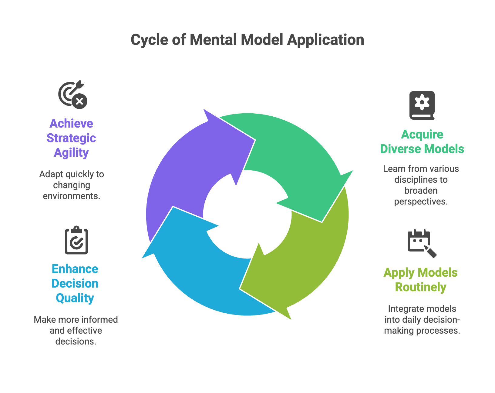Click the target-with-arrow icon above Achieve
(73, 95)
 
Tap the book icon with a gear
(422, 105)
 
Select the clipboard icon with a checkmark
(76, 240)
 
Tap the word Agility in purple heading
(71, 153)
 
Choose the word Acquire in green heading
(422, 135)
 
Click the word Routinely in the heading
(421, 287)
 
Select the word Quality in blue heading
(75, 298)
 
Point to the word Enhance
(75, 269)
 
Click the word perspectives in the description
(421, 202)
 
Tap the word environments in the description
(72, 196)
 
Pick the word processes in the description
(438, 331)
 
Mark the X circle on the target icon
(79, 101)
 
